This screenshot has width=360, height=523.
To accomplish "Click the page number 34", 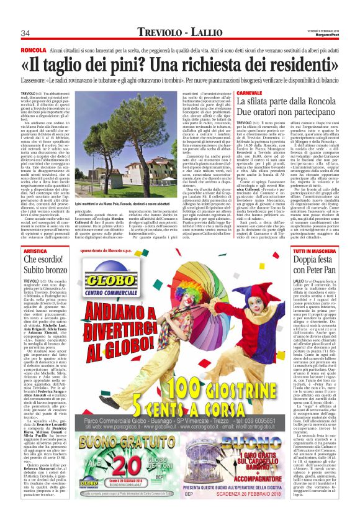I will [26, 34].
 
